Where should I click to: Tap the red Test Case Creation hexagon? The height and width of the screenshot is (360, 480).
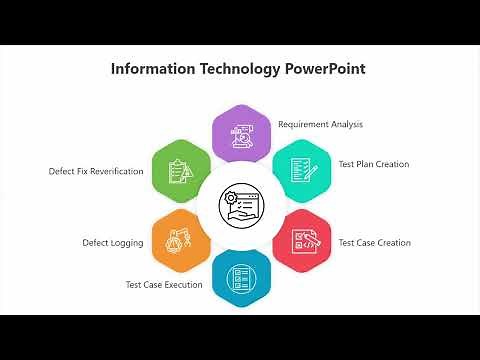point(301,240)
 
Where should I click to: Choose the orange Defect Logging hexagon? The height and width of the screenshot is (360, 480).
point(180,240)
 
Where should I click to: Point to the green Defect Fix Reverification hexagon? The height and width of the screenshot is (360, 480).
point(181,169)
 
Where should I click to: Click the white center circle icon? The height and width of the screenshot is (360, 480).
point(241,205)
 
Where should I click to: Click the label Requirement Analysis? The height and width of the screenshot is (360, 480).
point(320,125)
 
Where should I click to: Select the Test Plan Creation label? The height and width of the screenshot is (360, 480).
point(373,164)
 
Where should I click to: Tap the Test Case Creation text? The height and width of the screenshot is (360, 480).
point(374,243)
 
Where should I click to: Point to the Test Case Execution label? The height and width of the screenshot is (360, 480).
point(164,285)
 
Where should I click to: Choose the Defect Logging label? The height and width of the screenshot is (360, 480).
point(112,243)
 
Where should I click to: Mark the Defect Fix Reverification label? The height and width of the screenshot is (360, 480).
point(96,171)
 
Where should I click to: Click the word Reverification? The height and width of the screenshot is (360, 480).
point(115,171)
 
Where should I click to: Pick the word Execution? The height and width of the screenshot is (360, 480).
point(184,285)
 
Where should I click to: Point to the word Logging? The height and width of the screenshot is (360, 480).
point(127,243)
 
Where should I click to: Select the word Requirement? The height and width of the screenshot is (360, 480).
point(304,125)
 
